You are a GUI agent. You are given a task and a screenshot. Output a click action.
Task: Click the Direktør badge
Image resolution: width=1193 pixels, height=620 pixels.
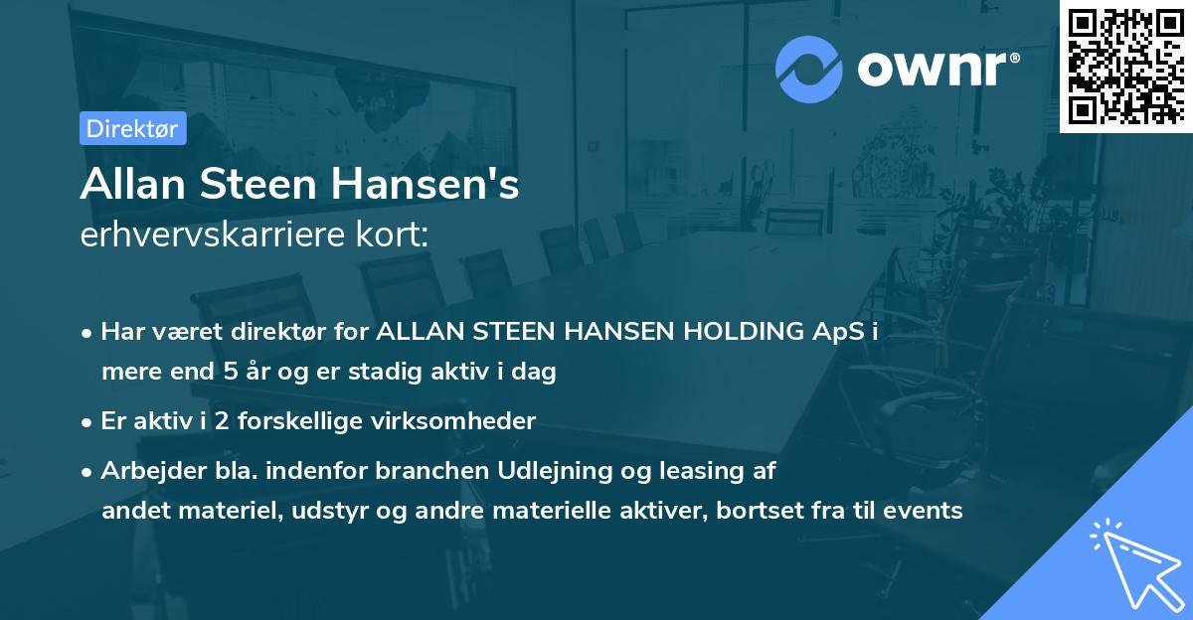132,128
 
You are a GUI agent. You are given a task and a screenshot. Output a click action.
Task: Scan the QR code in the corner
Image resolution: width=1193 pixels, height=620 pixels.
1125,66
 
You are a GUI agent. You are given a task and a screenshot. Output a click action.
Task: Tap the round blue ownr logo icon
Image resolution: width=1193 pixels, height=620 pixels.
808,70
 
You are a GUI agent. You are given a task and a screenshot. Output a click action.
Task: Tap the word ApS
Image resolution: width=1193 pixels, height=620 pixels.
837,332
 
